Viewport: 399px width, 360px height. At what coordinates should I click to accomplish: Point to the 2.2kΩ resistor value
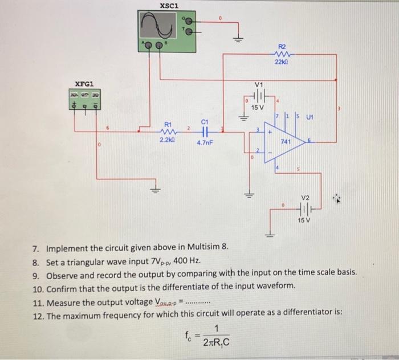tap(168, 140)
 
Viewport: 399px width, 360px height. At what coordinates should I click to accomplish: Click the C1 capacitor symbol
tap(204, 130)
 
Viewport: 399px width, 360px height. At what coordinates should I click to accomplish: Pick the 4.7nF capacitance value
tap(205, 143)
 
